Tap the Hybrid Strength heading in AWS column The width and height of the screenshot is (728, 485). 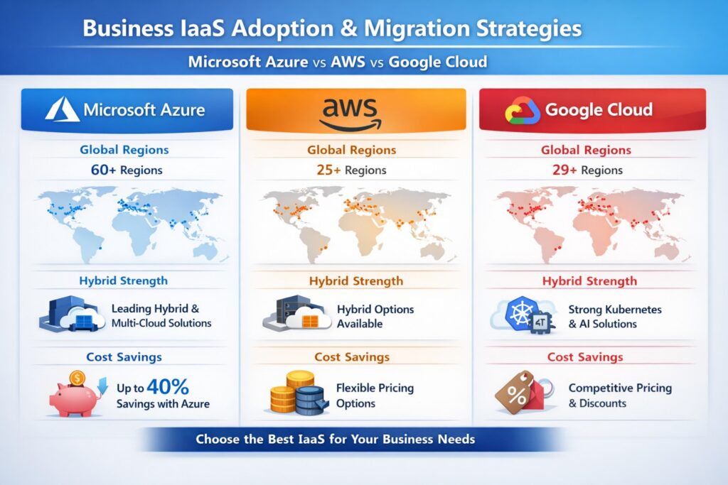click(x=355, y=281)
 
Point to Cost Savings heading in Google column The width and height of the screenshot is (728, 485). click(x=585, y=357)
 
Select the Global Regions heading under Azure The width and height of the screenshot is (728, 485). click(x=124, y=150)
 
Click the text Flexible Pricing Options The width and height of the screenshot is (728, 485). click(x=375, y=396)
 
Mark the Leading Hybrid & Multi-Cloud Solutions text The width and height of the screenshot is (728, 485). click(x=161, y=316)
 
